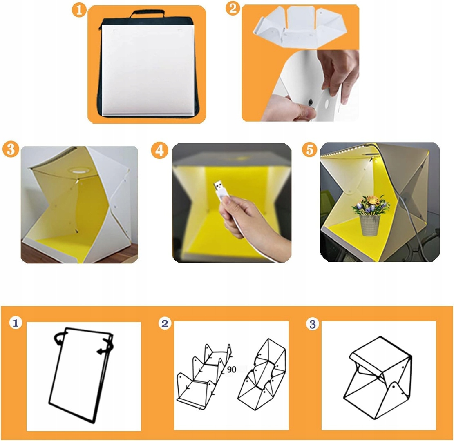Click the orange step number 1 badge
[79, 10]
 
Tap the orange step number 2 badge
[233, 8]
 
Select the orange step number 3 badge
[11, 149]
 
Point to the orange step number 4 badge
[159, 151]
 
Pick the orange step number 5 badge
[309, 150]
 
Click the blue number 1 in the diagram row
[16, 323]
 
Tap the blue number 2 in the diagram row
[165, 323]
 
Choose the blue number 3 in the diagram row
[313, 324]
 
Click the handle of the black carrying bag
[148, 13]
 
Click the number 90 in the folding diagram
[232, 370]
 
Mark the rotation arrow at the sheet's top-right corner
[106, 345]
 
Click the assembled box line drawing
[378, 378]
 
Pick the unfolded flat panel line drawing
[204, 376]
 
